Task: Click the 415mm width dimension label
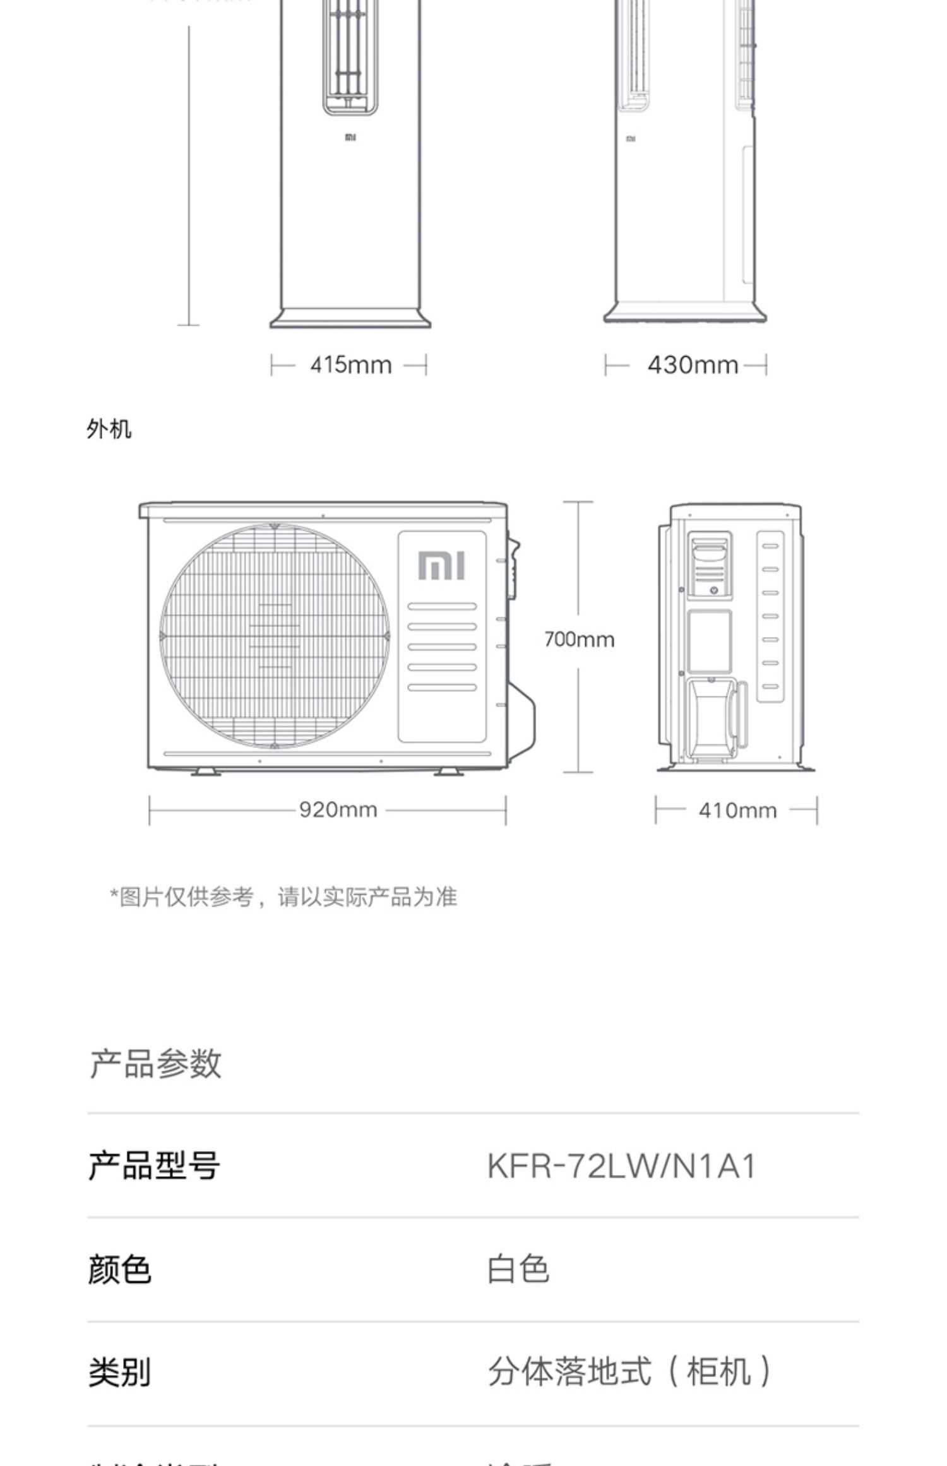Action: tap(350, 365)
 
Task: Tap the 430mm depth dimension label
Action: tap(693, 365)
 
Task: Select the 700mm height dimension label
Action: tap(579, 640)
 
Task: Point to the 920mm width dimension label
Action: tap(338, 809)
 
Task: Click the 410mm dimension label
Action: tap(737, 810)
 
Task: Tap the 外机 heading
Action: tap(109, 429)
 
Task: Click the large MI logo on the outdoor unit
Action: tap(441, 565)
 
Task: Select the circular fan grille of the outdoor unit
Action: tap(275, 636)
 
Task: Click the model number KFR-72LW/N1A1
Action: tap(621, 1166)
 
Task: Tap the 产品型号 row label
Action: tap(154, 1166)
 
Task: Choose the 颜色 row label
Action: tap(119, 1270)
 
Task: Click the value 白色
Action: tap(518, 1270)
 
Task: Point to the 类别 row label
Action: tap(119, 1373)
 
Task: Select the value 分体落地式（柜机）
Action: tap(629, 1372)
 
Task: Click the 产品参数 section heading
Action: tap(155, 1064)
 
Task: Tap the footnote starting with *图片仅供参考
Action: tap(283, 897)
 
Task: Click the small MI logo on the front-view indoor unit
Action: tap(350, 137)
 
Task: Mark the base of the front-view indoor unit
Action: tap(350, 318)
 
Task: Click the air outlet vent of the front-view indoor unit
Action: tap(350, 57)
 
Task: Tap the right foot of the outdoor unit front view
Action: tap(449, 772)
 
